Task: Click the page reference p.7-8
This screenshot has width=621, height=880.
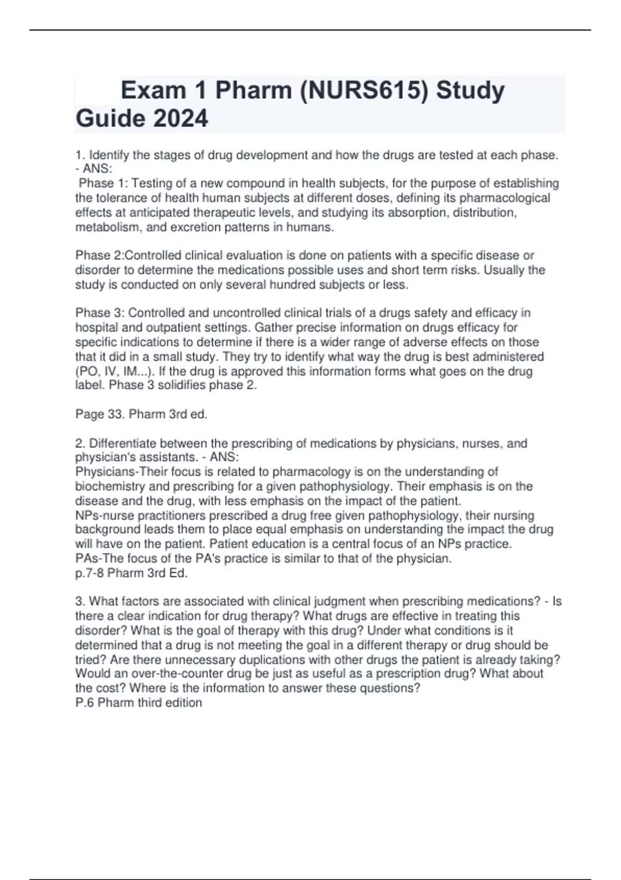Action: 89,573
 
